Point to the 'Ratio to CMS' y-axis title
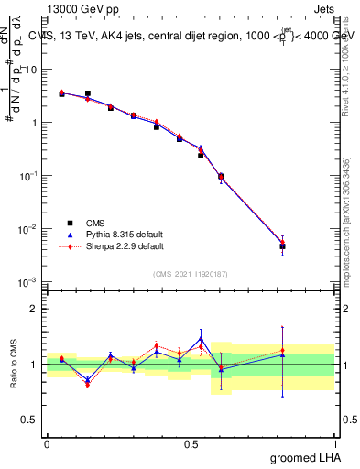12,365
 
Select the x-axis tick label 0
47,443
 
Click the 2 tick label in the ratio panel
35,309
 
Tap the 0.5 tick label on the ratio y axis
31,420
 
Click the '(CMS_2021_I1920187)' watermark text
190,274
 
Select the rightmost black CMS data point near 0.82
283,246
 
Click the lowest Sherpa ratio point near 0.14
87,385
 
